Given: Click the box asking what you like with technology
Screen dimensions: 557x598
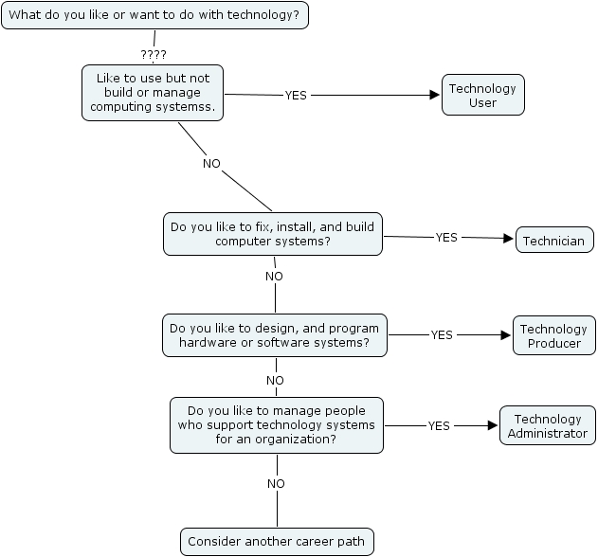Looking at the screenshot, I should click(x=155, y=15).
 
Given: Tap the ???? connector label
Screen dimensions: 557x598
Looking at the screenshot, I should click(x=153, y=54).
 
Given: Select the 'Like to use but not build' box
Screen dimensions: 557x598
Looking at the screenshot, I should click(x=152, y=92).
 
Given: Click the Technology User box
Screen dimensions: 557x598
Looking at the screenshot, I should click(x=482, y=95).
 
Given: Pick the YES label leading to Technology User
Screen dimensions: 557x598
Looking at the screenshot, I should click(x=297, y=95).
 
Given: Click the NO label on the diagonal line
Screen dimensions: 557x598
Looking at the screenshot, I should click(x=211, y=163).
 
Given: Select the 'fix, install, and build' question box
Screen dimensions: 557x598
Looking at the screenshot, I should click(x=273, y=234).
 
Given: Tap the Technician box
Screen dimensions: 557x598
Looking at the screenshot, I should click(x=554, y=241).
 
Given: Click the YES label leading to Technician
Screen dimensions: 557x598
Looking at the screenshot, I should click(x=446, y=237).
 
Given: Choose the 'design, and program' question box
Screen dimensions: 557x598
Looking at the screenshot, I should click(x=275, y=335).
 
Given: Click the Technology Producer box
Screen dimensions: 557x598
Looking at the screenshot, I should click(x=554, y=335).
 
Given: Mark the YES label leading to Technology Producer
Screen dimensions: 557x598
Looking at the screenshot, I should click(x=442, y=334).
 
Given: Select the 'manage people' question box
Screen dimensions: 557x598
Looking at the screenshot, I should click(x=277, y=424).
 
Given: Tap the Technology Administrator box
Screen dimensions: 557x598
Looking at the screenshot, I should click(x=548, y=425).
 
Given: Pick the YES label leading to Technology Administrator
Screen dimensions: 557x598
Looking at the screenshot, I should click(x=439, y=425).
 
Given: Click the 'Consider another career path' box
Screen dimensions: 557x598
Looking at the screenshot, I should click(x=277, y=542).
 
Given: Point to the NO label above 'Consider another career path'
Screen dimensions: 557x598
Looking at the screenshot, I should click(x=276, y=483).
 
